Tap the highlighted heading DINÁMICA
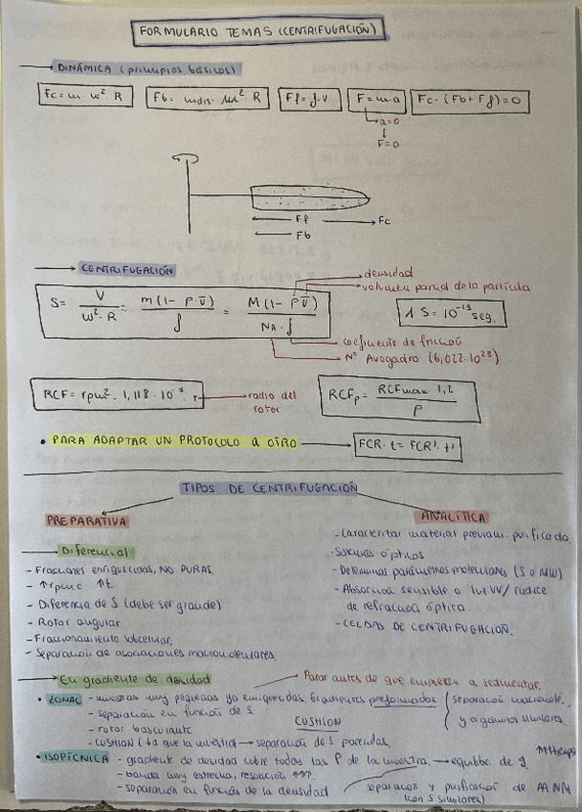click(85, 69)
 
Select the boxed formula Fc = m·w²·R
click(86, 97)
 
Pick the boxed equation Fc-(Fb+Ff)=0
click(470, 99)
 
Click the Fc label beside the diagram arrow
click(384, 221)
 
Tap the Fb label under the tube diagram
click(302, 235)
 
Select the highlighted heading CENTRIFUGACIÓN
click(126, 270)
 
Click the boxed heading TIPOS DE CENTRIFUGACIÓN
click(268, 488)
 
